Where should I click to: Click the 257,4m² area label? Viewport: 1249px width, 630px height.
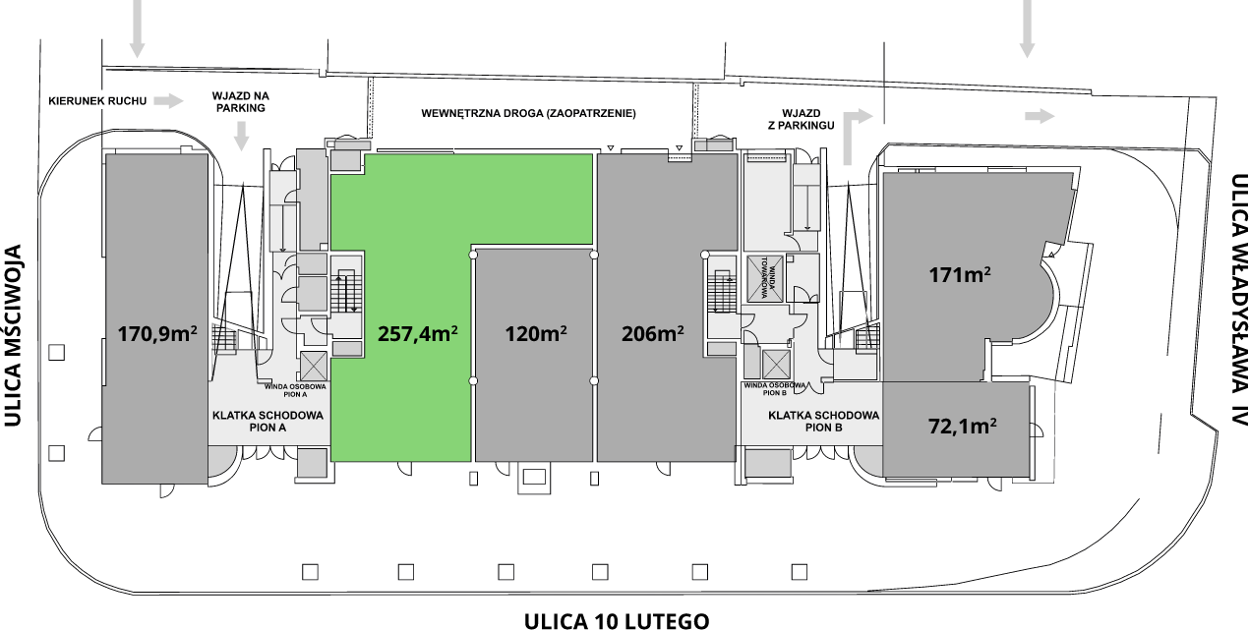[418, 333]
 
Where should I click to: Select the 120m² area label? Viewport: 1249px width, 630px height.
[536, 333]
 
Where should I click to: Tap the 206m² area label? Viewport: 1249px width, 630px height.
[652, 333]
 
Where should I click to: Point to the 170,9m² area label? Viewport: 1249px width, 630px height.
[157, 334]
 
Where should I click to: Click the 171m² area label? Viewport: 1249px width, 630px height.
[960, 274]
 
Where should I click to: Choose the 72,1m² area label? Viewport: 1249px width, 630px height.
[963, 427]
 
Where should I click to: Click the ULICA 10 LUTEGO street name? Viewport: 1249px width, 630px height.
[617, 620]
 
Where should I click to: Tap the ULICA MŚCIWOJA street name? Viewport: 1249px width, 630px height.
[12, 335]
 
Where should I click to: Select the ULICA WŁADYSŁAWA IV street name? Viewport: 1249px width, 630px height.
[1238, 300]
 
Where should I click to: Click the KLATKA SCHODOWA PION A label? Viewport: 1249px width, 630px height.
[268, 422]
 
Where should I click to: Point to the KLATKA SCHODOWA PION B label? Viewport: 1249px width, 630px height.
[823, 421]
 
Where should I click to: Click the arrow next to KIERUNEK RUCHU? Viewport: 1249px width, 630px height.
[168, 101]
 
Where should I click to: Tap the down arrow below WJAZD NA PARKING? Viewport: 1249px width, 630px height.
[241, 136]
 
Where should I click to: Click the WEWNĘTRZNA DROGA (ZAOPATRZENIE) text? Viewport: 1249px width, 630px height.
[528, 114]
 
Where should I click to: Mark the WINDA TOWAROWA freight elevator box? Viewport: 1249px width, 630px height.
[764, 277]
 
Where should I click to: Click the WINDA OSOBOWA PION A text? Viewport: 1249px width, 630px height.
[295, 390]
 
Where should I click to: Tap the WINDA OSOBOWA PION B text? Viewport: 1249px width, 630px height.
[775, 389]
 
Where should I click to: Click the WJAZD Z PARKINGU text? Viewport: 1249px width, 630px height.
[802, 120]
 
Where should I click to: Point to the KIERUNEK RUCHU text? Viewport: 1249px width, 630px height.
[97, 101]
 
